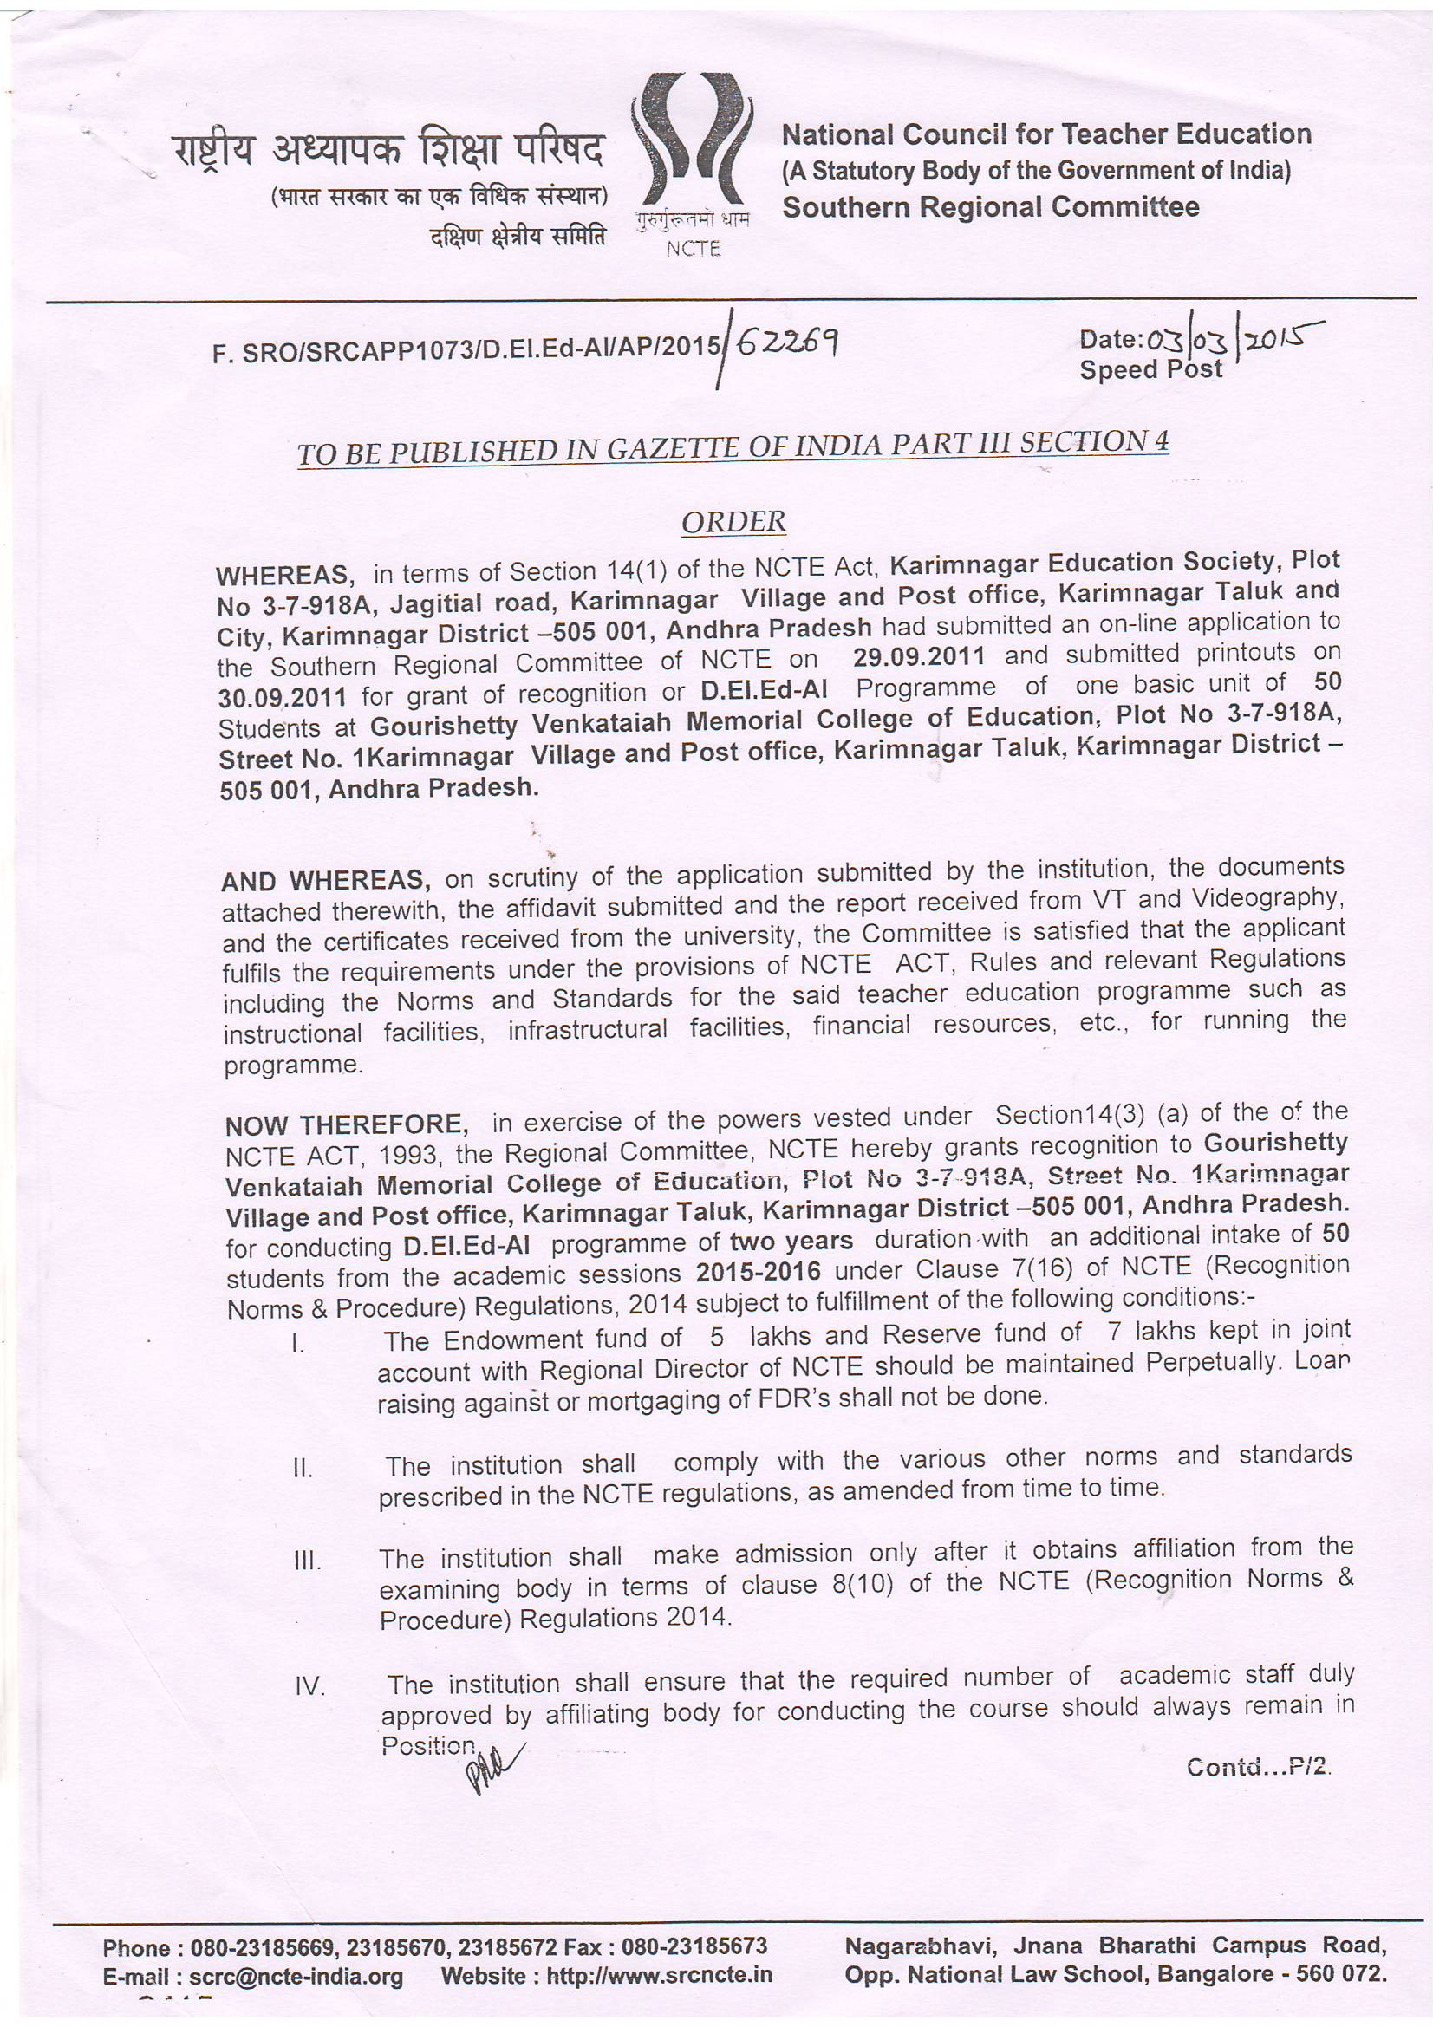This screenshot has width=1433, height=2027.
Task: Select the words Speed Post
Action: click(x=1150, y=369)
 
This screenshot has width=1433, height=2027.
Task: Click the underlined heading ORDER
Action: click(x=733, y=522)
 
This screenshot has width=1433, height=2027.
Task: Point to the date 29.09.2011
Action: click(x=918, y=657)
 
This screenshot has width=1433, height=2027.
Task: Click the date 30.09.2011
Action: click(x=282, y=697)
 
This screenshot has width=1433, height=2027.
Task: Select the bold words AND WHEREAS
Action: click(x=325, y=880)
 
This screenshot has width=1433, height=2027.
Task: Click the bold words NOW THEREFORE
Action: click(x=345, y=1124)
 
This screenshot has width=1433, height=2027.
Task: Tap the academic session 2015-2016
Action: click(x=759, y=1272)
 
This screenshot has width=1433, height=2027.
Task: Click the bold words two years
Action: click(x=791, y=1241)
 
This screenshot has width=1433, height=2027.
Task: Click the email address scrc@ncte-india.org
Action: click(x=296, y=1976)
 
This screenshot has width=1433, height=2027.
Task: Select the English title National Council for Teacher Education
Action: click(x=1046, y=134)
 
